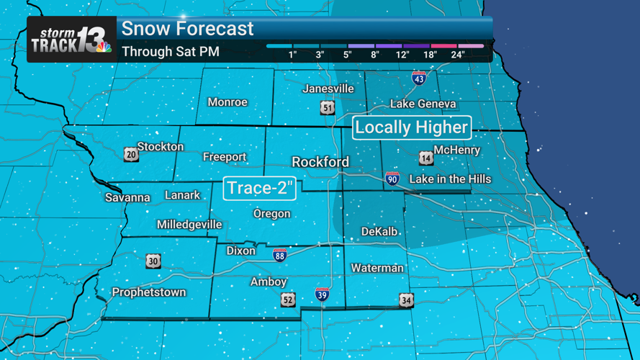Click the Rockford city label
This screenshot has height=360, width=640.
coord(320,162)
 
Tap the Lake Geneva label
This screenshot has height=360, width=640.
coord(423,104)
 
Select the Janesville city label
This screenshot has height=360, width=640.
coord(328,89)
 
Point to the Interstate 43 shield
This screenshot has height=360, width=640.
coord(419,78)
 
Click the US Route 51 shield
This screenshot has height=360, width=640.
coord(328,108)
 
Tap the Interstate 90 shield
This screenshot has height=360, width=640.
coord(392,179)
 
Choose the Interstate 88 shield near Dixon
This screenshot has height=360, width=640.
coord(280,255)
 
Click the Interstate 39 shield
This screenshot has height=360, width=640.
coord(322,294)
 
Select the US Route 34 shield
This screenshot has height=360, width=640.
coord(407,300)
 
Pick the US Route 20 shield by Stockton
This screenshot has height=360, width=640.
coord(131,154)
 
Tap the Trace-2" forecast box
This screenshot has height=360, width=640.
coord(260,189)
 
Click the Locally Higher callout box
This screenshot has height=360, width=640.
coord(412,128)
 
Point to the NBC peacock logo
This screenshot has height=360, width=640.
coord(104,48)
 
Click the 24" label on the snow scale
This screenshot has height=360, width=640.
coord(457,55)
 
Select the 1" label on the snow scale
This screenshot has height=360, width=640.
coord(293,55)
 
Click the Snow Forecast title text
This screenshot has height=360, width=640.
coord(187,29)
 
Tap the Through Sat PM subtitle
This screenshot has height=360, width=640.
coord(171,52)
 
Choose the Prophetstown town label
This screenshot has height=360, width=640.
coord(149,292)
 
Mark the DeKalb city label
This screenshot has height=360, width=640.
coord(379,231)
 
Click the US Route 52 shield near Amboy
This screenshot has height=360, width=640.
coord(288,300)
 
